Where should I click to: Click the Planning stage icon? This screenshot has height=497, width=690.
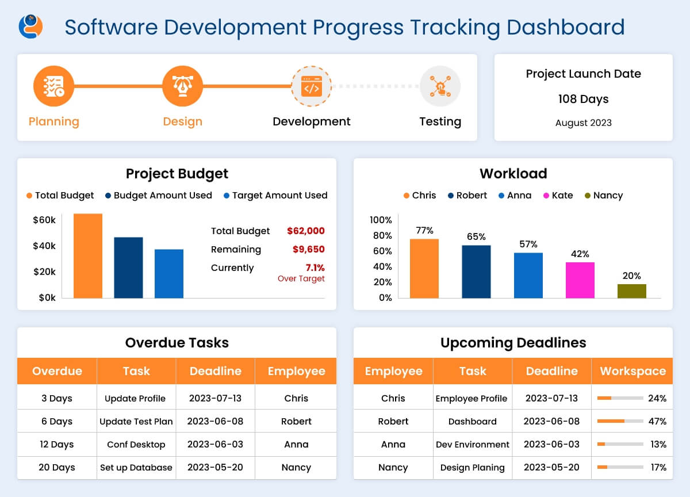[53, 86]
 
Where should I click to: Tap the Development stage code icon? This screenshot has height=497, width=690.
[311, 86]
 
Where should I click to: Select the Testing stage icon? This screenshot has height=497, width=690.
[440, 86]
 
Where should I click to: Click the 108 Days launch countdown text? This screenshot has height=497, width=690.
[583, 99]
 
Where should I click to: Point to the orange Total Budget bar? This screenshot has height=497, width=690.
[88, 256]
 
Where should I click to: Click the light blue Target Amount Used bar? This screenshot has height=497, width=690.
[169, 274]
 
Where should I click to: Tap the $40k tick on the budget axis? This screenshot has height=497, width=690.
[44, 246]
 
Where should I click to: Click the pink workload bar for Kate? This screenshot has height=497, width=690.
[580, 280]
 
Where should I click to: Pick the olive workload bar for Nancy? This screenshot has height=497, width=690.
[631, 291]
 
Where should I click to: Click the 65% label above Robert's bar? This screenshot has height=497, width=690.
[476, 236]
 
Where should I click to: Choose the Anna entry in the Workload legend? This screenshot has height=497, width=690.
[515, 196]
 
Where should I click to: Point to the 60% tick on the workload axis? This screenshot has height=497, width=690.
[381, 251]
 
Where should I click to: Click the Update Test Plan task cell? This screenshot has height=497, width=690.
[136, 421]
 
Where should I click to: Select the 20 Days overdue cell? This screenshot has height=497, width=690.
[57, 467]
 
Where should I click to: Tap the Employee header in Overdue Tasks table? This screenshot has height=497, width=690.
[296, 371]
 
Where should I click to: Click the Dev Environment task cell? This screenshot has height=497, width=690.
[472, 444]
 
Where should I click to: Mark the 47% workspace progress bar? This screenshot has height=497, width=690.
[620, 421]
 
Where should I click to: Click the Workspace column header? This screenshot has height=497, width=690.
[632, 371]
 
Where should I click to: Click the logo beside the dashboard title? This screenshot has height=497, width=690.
[31, 26]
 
